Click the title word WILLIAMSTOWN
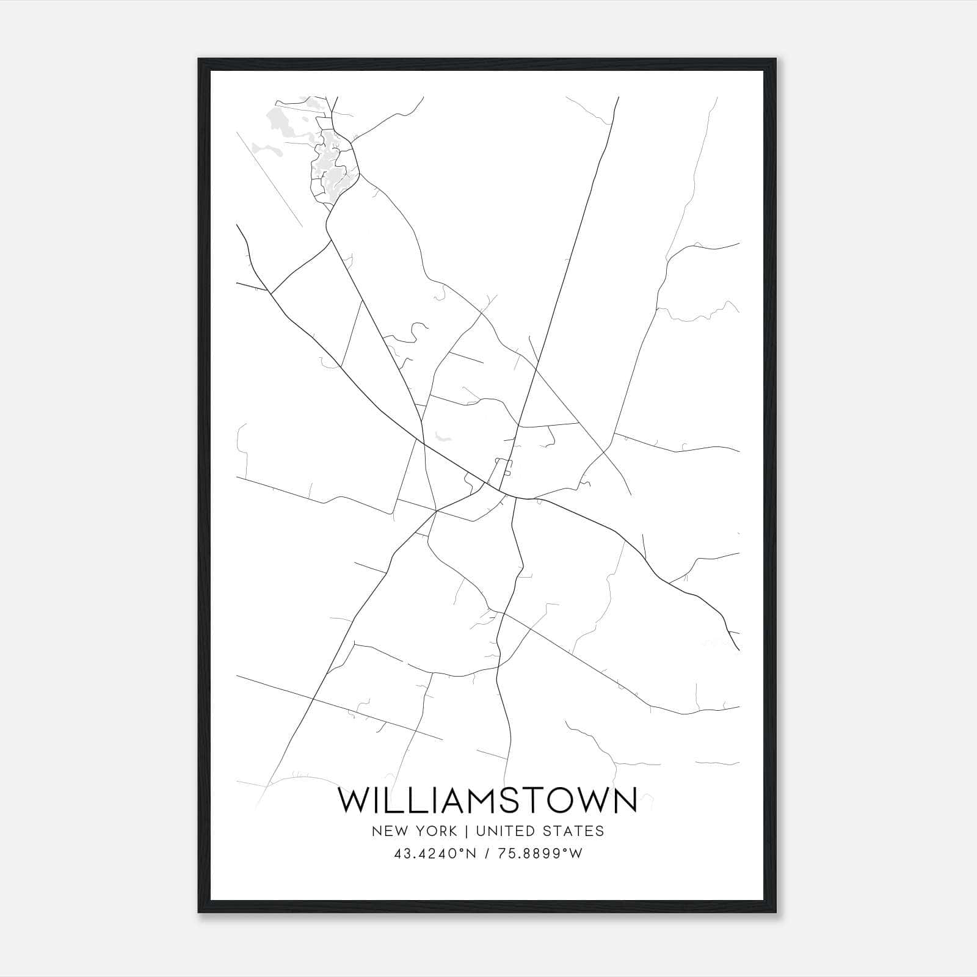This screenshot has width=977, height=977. [x=487, y=801]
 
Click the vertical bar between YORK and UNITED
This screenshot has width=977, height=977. [x=467, y=831]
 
